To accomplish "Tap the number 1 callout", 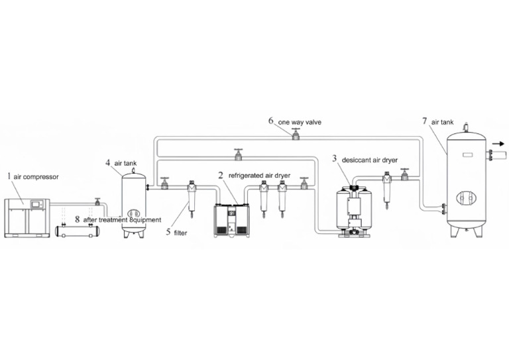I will [9, 176].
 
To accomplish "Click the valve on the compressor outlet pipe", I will [97, 200].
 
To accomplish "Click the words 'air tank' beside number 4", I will [126, 162].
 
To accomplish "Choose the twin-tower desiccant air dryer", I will [355, 211].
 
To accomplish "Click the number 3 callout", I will [335, 158].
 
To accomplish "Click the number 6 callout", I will [271, 121].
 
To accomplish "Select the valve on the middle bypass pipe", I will [238, 154].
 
